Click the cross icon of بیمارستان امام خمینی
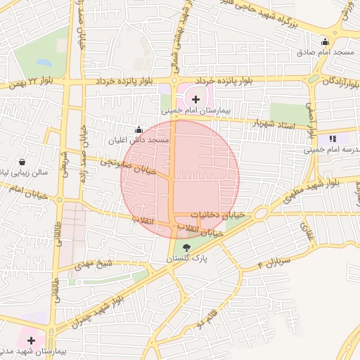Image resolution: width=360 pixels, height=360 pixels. click(x=195, y=99)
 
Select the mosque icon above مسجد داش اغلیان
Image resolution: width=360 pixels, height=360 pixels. click(x=139, y=129)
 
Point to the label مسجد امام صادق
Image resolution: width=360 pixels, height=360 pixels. click(x=337, y=53)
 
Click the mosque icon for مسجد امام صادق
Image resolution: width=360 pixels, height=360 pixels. click(x=324, y=41)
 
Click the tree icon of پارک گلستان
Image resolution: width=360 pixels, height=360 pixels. click(x=186, y=247)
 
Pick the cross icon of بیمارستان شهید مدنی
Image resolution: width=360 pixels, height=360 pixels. click(x=31, y=340)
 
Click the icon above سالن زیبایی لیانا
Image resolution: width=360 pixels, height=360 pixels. click(x=23, y=161)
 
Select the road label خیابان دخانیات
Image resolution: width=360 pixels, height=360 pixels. click(x=217, y=214)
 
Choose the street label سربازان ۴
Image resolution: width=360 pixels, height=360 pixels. click(x=270, y=264)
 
